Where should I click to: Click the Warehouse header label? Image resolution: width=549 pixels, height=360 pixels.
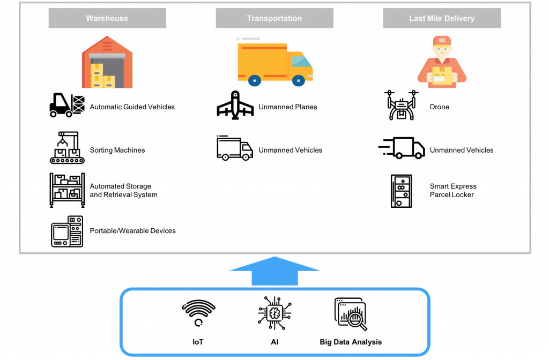[107, 18]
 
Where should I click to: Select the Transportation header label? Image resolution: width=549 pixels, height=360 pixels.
[274, 18]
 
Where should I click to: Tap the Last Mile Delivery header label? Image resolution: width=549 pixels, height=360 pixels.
[442, 18]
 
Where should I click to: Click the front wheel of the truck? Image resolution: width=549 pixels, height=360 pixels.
[298, 81]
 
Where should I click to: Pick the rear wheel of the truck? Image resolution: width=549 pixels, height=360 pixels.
[255, 81]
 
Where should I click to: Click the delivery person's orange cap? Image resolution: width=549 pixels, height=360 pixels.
[442, 41]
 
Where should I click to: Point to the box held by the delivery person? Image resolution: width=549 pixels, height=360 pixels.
[442, 76]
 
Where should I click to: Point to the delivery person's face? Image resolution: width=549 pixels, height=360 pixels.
[442, 50]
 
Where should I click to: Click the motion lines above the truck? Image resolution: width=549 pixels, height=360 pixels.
[249, 39]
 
